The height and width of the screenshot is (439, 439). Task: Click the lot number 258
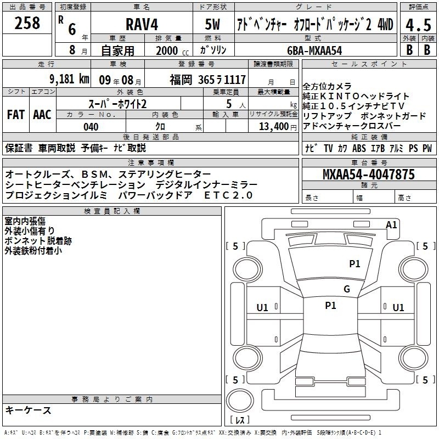click(x=27, y=23)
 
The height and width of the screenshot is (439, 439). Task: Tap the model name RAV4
click(x=142, y=24)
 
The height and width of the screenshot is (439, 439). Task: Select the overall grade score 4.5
click(x=418, y=25)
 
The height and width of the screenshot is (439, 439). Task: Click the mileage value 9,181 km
click(x=69, y=79)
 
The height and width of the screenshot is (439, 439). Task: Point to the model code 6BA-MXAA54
click(x=314, y=50)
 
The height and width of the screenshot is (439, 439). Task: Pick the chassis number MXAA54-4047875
click(x=369, y=174)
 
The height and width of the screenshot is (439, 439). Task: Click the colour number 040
click(x=91, y=127)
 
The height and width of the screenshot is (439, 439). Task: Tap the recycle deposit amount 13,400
click(x=273, y=127)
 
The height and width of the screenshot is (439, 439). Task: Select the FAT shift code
click(x=16, y=115)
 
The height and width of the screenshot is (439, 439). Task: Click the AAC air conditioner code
click(x=42, y=115)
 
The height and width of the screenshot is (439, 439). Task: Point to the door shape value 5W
click(x=212, y=24)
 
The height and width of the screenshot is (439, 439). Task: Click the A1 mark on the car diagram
click(x=391, y=225)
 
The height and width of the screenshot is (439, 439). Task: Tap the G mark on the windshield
click(x=347, y=289)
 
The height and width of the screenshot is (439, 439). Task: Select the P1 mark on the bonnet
click(x=354, y=263)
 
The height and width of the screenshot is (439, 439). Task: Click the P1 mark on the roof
click(x=330, y=306)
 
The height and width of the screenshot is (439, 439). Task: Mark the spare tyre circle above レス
click(x=240, y=401)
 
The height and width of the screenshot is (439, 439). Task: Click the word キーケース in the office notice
click(x=29, y=410)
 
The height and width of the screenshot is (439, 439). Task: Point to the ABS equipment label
click(x=359, y=148)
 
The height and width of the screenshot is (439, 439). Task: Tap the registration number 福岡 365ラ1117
click(x=208, y=80)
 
